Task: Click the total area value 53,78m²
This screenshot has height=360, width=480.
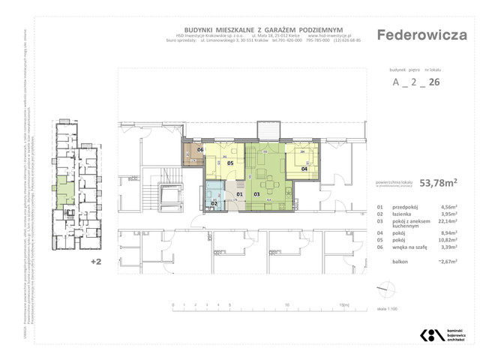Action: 441,181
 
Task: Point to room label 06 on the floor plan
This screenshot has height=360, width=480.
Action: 200,150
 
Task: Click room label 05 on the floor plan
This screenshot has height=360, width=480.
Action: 230,163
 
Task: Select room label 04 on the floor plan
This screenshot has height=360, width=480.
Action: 304,169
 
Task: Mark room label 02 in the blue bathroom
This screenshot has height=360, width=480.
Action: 214,203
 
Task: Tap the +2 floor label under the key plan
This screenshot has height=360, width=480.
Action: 95,262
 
